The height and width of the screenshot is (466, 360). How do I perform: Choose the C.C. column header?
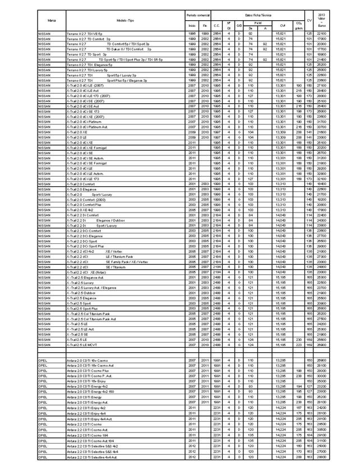pyautogui.click(x=216, y=26)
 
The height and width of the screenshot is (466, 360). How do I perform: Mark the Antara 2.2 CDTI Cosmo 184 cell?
pyautogui.click(x=87, y=433)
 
